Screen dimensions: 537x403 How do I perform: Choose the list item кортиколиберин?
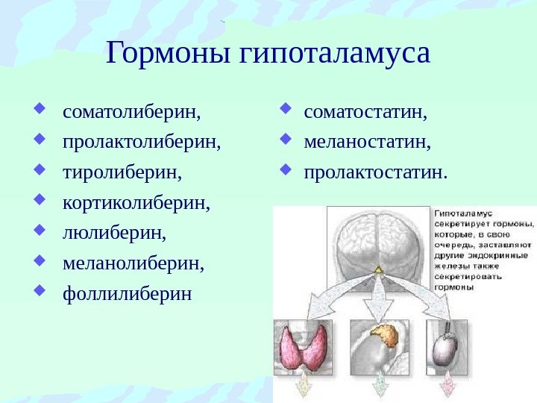(136, 202)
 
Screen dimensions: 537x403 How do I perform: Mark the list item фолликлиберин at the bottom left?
(127, 292)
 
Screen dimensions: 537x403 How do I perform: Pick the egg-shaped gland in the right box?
(445, 347)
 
